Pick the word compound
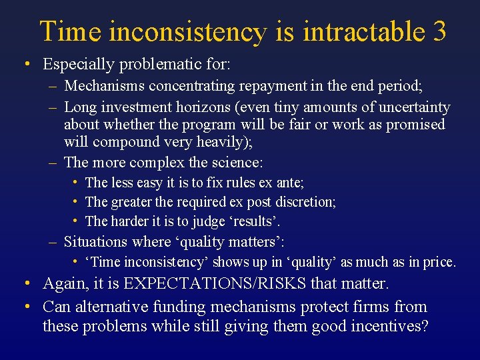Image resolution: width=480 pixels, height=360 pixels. (121, 142)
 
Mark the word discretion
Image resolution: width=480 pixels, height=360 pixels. (305, 201)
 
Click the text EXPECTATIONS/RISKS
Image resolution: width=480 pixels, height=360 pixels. (214, 284)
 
